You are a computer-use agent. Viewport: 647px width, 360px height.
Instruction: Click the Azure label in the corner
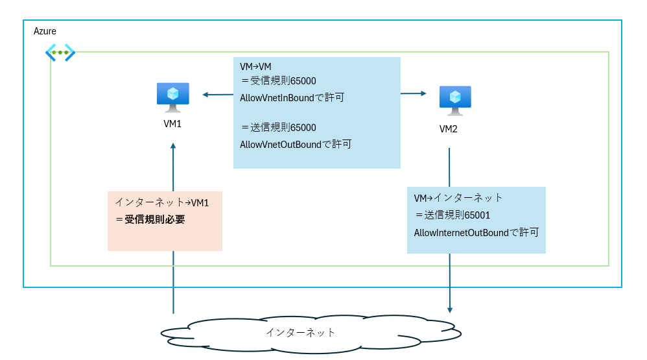pos(45,31)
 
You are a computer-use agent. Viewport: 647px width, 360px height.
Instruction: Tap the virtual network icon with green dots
pos(60,53)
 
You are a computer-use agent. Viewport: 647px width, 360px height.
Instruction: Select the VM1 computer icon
pos(173,97)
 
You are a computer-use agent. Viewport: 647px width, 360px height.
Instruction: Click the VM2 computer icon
pos(455,99)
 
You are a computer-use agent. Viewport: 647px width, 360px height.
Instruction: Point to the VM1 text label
pos(172,123)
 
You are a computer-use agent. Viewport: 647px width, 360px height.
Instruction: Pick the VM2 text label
pos(449,129)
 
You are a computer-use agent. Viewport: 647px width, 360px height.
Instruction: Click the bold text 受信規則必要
pos(154,220)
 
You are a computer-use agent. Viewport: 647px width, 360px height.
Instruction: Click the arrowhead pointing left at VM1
pos(206,95)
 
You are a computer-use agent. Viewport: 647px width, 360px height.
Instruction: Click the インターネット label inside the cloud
pos(301,333)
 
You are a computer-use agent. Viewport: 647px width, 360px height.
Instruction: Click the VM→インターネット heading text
pos(458,198)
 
